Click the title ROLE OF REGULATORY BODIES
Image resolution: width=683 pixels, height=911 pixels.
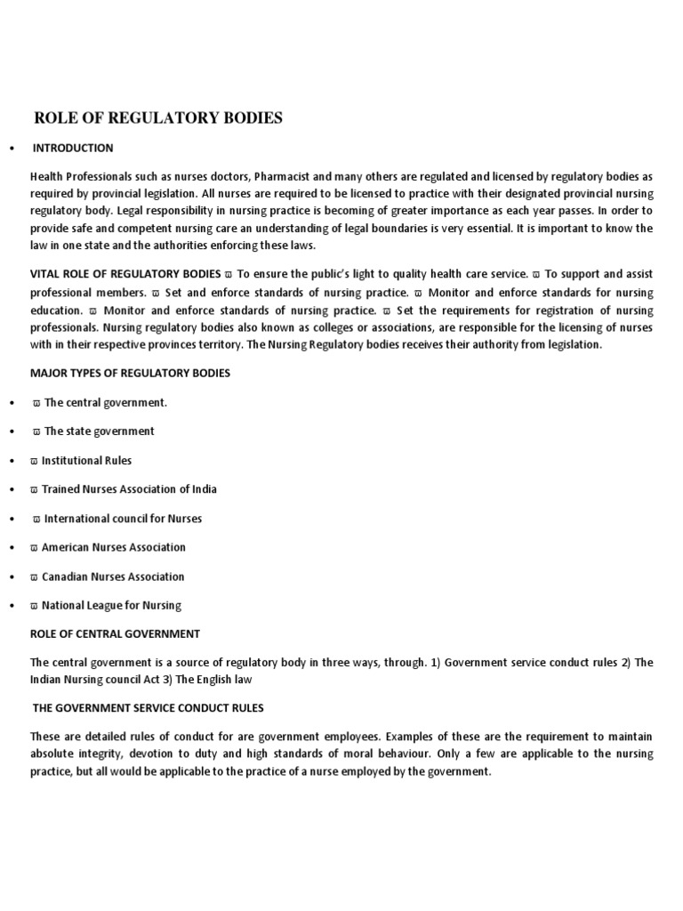[157, 118]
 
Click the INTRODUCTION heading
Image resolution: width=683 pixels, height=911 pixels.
[73, 148]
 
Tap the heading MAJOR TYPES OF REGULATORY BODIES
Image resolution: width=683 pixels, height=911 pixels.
[130, 373]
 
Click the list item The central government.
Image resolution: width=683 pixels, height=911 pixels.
[105, 402]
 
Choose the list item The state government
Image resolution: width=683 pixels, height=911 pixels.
[99, 431]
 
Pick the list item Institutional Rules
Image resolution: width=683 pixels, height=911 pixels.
[86, 461]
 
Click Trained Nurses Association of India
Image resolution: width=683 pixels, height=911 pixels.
[129, 489]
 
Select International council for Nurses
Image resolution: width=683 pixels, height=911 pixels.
[123, 519]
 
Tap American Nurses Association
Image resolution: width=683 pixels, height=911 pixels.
[113, 547]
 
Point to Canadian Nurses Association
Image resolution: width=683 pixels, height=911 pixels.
[113, 576]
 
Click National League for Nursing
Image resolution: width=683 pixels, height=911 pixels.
[111, 606]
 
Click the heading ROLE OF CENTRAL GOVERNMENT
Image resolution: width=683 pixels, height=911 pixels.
[115, 634]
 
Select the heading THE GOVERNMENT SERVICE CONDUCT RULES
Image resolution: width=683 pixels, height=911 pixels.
[148, 708]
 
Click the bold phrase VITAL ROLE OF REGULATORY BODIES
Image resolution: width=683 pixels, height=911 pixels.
[125, 275]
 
